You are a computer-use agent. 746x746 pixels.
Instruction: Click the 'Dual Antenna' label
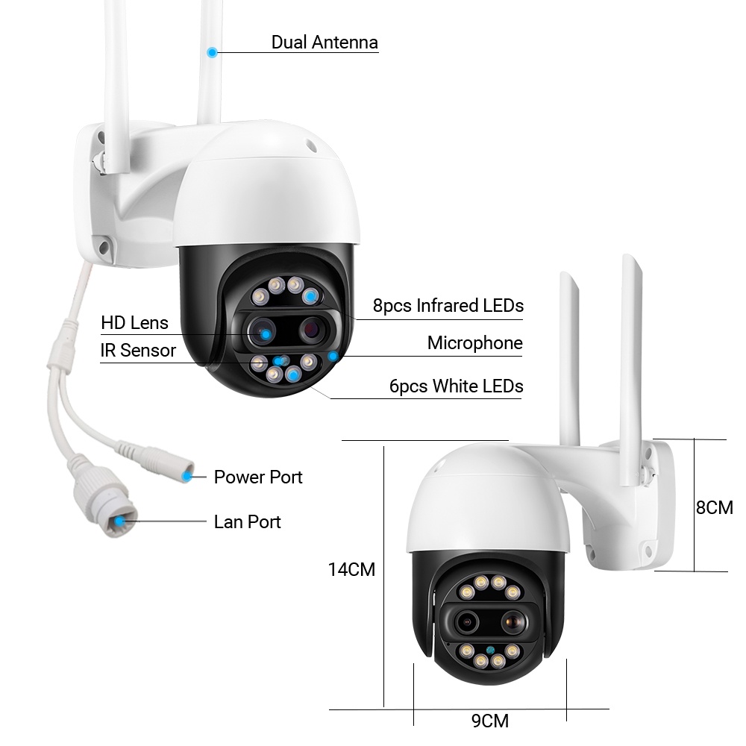click(325, 42)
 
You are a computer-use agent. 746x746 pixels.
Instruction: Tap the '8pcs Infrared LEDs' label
click(448, 305)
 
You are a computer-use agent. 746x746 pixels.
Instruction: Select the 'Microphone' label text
click(474, 343)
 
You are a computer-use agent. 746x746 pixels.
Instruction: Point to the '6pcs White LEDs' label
click(456, 386)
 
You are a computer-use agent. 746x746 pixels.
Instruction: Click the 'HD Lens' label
click(135, 323)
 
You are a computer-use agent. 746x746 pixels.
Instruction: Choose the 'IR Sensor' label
click(138, 350)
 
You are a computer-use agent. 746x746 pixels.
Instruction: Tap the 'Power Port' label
click(258, 477)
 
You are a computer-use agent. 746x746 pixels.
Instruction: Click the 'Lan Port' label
click(248, 521)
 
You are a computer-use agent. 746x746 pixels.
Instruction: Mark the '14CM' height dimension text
click(351, 570)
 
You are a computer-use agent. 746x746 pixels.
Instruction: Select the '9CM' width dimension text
click(490, 721)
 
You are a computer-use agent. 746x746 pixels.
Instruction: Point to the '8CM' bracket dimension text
click(714, 508)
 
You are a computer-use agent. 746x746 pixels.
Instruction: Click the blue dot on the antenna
click(213, 52)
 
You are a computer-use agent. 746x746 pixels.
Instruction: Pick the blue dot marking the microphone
click(333, 356)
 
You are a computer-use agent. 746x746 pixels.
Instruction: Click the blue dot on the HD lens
click(265, 333)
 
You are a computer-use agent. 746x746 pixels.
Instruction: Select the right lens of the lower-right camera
click(511, 620)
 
